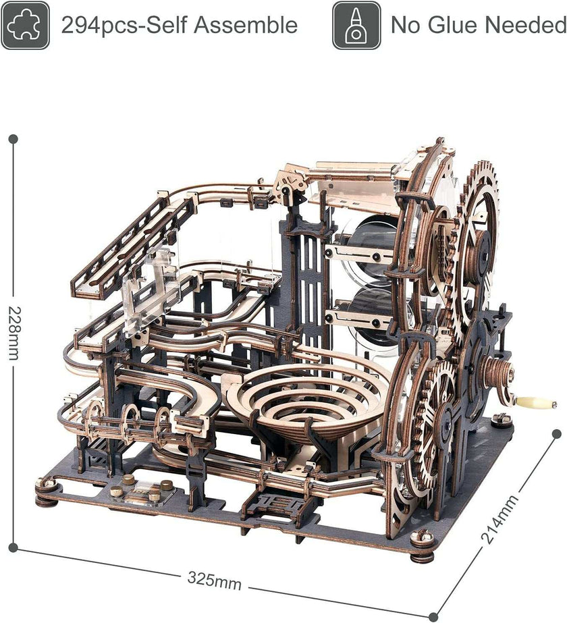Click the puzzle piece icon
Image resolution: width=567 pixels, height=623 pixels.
(x=25, y=25)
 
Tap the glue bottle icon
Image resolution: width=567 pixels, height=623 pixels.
(x=356, y=25)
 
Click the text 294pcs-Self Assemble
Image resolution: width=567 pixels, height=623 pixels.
(x=179, y=26)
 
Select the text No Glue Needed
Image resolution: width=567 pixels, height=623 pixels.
(x=478, y=26)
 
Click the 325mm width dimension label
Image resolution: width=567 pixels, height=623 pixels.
(x=214, y=580)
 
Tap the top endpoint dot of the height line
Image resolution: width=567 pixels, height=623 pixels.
(x=13, y=139)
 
